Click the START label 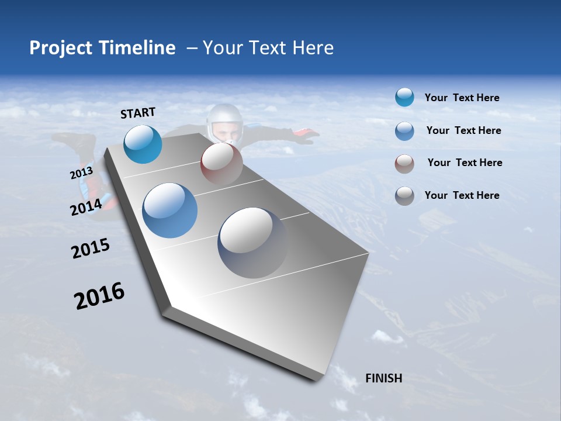point(138,112)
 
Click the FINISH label point(383,378)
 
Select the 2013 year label point(81,173)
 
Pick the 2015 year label point(91,249)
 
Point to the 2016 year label point(99,296)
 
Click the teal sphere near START point(143,144)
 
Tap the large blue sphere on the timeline point(169,210)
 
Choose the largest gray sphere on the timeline point(252,242)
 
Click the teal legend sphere point(404,98)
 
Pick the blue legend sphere point(404,131)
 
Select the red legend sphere point(404,163)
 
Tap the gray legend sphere point(404,196)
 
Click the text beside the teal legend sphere point(462,98)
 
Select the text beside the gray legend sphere point(462,195)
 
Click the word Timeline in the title point(138,48)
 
